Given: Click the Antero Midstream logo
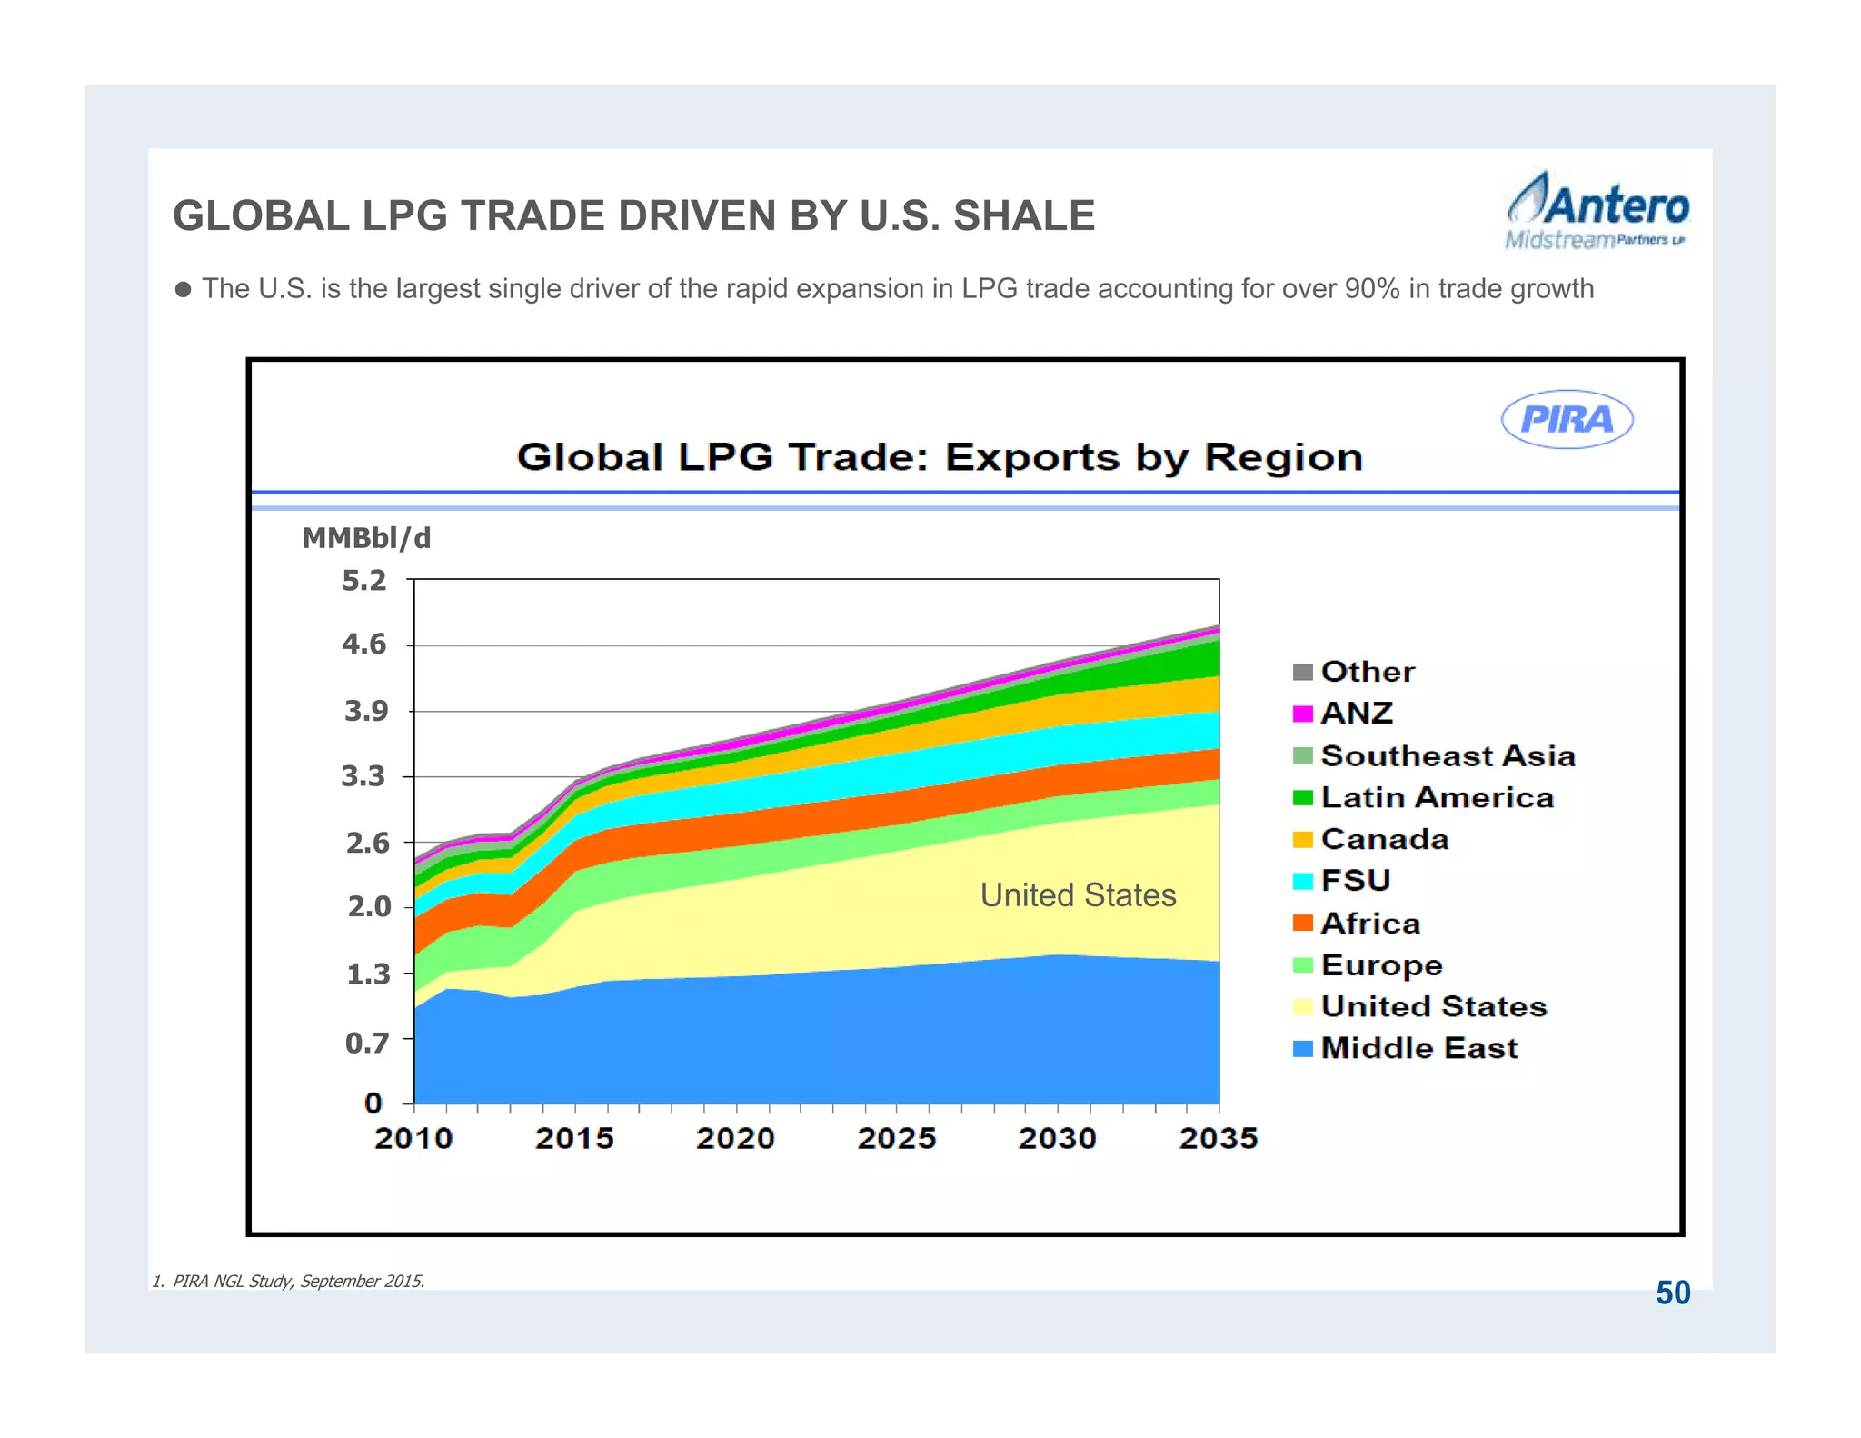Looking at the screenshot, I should [x=1597, y=211].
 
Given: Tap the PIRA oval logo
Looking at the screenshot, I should [x=1567, y=419].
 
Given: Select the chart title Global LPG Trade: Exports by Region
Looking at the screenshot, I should [x=940, y=457].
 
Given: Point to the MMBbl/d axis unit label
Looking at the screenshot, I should [x=366, y=539].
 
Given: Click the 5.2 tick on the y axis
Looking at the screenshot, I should [x=363, y=581].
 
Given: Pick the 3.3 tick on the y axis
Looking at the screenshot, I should [x=363, y=777].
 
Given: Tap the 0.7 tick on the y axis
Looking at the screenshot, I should [x=366, y=1043].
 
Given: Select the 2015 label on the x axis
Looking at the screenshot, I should [x=574, y=1138].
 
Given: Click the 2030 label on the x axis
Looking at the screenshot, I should [x=1057, y=1138].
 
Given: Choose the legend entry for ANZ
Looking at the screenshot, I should [x=1356, y=714].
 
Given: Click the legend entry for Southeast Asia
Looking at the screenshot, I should [x=1447, y=755].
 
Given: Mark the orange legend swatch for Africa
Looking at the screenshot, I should [x=1302, y=924].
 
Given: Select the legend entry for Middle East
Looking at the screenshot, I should [x=1418, y=1048].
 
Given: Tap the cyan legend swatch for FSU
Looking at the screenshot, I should [x=1302, y=881].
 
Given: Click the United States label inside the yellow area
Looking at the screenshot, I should [x=1078, y=895].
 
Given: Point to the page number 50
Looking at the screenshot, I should [x=1672, y=1293].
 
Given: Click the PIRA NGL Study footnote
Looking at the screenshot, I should [x=288, y=1281].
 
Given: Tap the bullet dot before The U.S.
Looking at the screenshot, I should [x=183, y=290].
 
